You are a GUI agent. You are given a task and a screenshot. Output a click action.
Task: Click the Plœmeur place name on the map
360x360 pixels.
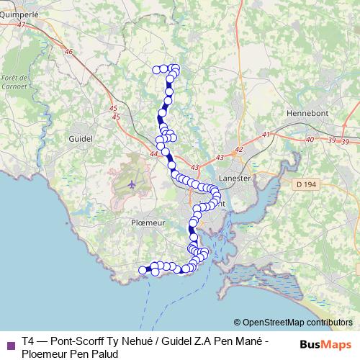(x=148, y=223)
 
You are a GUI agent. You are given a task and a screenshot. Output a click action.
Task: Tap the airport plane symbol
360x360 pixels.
(x=132, y=184)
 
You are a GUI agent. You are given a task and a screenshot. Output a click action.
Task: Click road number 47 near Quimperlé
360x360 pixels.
(x=20, y=25)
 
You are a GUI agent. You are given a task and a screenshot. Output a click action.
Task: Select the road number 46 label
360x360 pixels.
(x=68, y=51)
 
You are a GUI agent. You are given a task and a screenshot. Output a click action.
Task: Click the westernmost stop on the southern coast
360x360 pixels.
(x=143, y=270)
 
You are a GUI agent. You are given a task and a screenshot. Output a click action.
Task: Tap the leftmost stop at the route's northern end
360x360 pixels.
(x=157, y=69)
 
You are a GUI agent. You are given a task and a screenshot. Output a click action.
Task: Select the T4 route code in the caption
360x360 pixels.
(x=27, y=341)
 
